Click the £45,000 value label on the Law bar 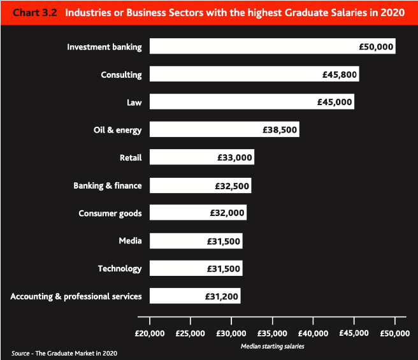pyautogui.click(x=335, y=102)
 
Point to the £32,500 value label pyautogui.click(x=232, y=185)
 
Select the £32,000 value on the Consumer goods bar pyautogui.click(x=227, y=213)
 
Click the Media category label pyautogui.click(x=130, y=241)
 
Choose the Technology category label pyautogui.click(x=120, y=268)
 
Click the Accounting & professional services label pyautogui.click(x=76, y=296)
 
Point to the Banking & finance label pyautogui.click(x=108, y=185)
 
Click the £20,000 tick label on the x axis pyautogui.click(x=150, y=333)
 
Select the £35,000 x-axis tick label pyautogui.click(x=273, y=333)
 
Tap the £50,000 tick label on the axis pyautogui.click(x=395, y=333)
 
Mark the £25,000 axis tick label pyautogui.click(x=191, y=333)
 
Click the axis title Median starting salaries pyautogui.click(x=272, y=347)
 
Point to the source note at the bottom pyautogui.click(x=64, y=352)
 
